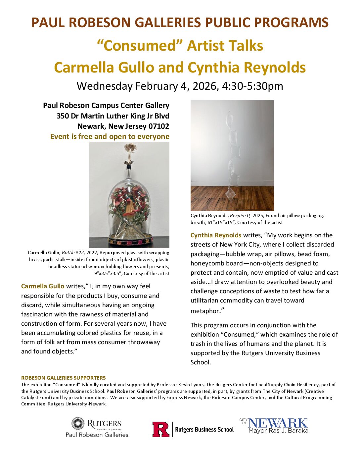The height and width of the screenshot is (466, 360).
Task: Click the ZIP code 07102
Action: pyautogui.click(x=158, y=126)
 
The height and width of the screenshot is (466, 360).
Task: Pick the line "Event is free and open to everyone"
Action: pyautogui.click(x=110, y=136)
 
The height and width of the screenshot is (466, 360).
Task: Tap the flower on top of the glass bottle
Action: pyautogui.click(x=129, y=147)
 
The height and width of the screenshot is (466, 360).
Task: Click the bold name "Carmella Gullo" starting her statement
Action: pyautogui.click(x=43, y=286)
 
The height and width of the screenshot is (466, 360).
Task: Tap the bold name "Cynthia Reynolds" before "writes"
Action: pyautogui.click(x=216, y=235)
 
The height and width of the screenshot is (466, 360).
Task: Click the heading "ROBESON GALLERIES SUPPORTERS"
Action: pyautogui.click(x=64, y=378)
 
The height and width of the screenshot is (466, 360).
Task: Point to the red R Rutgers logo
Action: pyautogui.click(x=161, y=429)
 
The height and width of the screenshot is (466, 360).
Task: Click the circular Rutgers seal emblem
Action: pyautogui.click(x=78, y=424)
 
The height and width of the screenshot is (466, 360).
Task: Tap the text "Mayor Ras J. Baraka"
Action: pyautogui.click(x=278, y=431)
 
